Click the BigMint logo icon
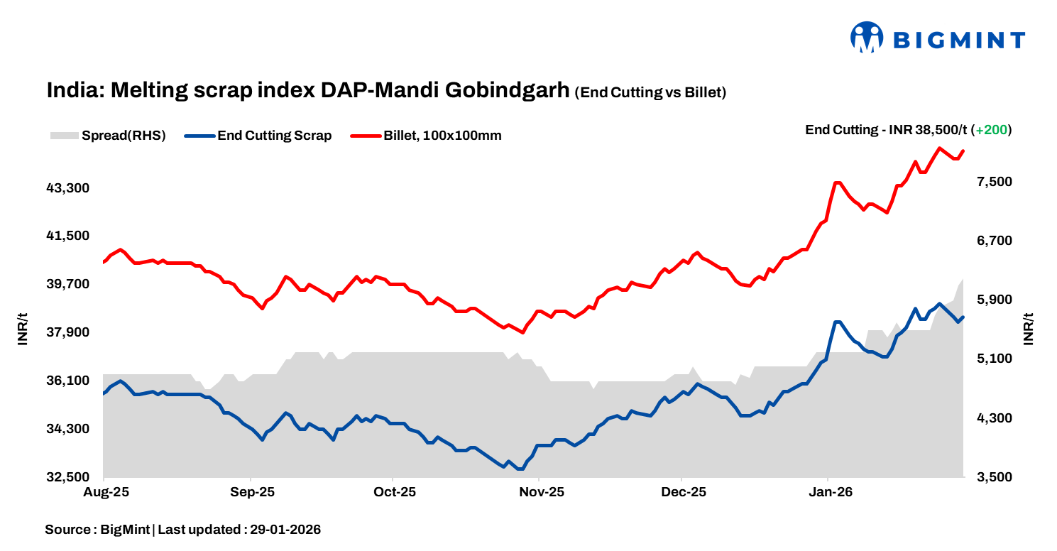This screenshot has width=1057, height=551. (x=866, y=38)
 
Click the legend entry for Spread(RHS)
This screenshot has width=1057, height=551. (x=108, y=136)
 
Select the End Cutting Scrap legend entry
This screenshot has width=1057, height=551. (x=258, y=136)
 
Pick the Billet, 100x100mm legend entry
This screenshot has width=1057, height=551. (x=427, y=136)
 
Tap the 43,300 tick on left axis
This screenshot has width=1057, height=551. (x=68, y=188)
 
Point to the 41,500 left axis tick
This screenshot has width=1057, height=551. (x=68, y=236)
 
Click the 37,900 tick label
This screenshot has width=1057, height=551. (x=68, y=332)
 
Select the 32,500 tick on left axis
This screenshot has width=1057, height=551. (x=68, y=477)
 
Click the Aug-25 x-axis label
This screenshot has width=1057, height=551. (x=104, y=491)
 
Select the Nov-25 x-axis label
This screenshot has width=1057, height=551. (x=540, y=491)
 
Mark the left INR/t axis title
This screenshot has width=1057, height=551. (x=23, y=329)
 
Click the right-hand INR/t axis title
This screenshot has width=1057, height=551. (x=1029, y=329)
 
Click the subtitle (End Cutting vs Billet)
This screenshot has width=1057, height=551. (x=650, y=92)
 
